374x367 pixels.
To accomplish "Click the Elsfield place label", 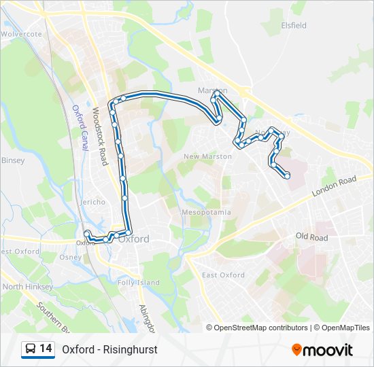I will coord(294,26).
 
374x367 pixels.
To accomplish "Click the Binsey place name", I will coord(13,160).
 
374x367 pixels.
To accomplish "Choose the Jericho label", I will coord(93,202).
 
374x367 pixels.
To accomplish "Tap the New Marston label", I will coord(207,156).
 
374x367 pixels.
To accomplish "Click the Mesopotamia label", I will coord(206,212).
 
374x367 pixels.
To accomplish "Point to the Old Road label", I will coord(311,237).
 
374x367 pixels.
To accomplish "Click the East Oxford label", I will coord(223,275).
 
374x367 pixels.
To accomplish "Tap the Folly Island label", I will coord(139,282).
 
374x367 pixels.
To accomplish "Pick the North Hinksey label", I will coord(27,287).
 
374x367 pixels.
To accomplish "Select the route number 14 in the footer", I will coord(46,349).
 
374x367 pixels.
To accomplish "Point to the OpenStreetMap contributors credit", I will coord(261,328).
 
